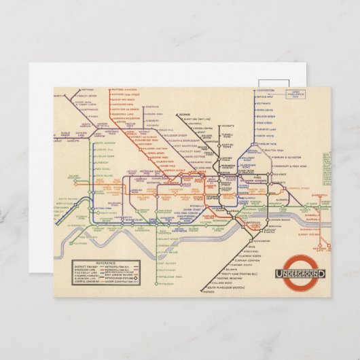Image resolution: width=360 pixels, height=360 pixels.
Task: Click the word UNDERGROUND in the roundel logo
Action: [x=300, y=274]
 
